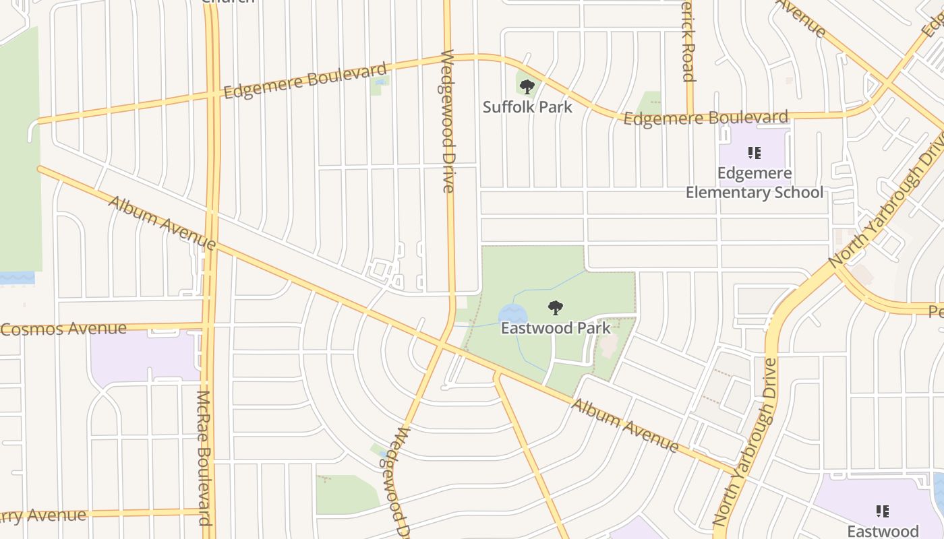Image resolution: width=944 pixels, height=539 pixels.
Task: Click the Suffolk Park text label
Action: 527,106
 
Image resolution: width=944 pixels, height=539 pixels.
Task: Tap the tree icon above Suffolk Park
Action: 527,86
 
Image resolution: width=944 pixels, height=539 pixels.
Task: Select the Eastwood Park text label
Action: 556,328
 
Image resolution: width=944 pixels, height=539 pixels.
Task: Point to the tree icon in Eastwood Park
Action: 556,309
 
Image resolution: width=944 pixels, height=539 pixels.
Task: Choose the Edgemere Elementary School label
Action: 755,183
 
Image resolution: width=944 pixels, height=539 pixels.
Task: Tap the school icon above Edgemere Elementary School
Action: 755,153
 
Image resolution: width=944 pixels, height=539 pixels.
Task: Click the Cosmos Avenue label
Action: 63,329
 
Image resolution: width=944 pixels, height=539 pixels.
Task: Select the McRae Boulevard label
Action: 205,458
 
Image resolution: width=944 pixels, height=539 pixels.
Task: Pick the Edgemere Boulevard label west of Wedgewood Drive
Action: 305,80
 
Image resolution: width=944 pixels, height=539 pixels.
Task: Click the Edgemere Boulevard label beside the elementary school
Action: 705,119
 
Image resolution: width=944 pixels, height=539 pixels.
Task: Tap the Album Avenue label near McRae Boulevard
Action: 162,222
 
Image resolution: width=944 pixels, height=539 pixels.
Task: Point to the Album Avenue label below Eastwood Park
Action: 625,425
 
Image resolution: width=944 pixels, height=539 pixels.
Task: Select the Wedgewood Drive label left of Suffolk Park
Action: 448,121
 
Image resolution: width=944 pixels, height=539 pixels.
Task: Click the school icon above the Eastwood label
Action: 882,511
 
